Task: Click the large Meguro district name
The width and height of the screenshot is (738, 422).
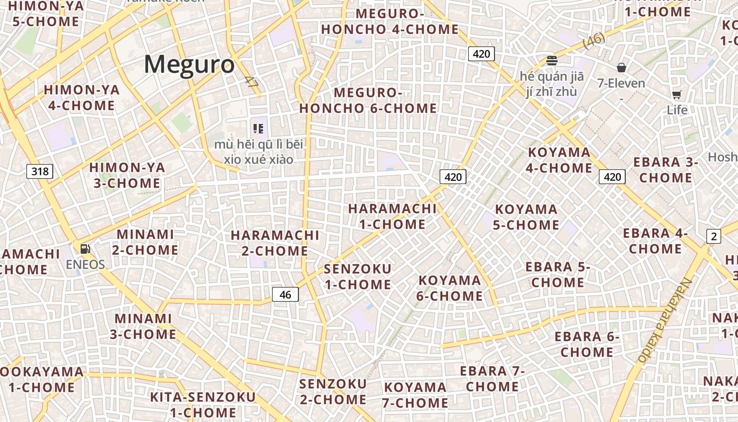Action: (x=189, y=65)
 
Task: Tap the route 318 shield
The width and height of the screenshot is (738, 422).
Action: (x=40, y=171)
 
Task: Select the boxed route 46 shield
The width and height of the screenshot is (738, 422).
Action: (x=285, y=294)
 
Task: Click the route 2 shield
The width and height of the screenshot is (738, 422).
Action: (x=714, y=236)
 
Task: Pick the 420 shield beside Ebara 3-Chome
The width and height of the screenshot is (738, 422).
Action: (x=612, y=177)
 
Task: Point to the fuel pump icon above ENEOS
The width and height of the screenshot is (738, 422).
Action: (x=85, y=248)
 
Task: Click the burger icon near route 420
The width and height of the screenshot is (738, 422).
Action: (x=552, y=61)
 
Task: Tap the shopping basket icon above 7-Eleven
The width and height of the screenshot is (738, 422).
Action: (x=622, y=68)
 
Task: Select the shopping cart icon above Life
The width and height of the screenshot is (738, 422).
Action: (x=676, y=95)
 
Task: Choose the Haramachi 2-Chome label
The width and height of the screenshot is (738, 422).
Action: (x=275, y=243)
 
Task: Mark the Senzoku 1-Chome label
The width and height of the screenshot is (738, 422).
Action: (x=357, y=277)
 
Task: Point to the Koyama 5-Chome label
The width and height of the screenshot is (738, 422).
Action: (x=526, y=217)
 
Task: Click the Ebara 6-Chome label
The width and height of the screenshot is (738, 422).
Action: (x=587, y=344)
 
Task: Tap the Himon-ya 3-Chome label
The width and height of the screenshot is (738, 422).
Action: (x=127, y=175)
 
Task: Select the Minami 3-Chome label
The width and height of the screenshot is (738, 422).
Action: (x=143, y=326)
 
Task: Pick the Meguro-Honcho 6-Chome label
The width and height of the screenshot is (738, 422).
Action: (x=368, y=100)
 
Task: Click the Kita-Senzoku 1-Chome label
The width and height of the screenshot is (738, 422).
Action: (x=203, y=405)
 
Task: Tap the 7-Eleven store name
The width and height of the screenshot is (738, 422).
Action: (x=621, y=83)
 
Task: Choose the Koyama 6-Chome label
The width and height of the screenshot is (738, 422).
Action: (x=450, y=288)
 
